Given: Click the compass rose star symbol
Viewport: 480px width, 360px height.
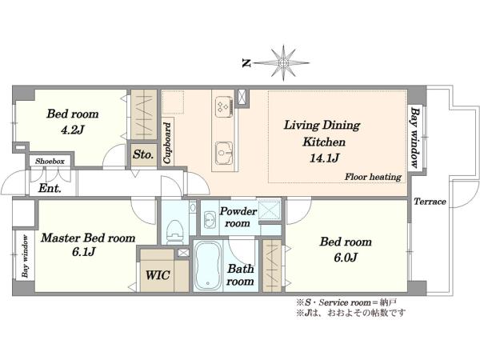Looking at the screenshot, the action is coord(283,63).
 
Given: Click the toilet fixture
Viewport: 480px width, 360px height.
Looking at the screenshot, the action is coord(175,232).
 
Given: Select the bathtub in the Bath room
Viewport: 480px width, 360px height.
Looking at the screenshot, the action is coord(208,266).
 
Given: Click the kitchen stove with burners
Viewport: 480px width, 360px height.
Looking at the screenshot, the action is coord(224,106).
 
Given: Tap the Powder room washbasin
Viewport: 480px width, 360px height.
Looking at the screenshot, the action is coord(210,219).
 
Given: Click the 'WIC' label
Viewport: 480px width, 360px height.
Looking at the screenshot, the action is coord(158,275).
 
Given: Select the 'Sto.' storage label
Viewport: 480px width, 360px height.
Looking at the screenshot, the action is coord(143,154).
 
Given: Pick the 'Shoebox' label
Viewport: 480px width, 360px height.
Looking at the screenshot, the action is coord(50,161).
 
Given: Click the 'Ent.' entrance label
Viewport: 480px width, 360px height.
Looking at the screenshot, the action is coord(50,188).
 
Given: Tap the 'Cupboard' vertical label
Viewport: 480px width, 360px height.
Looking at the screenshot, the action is coord(167,143).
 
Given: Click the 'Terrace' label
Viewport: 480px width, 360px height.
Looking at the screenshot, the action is coord(430,202).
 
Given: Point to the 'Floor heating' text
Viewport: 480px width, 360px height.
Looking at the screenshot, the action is coord(373,177).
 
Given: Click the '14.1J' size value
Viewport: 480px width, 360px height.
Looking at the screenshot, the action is coord(324,158).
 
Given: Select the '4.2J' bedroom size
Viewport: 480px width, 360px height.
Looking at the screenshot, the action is coord(72,130).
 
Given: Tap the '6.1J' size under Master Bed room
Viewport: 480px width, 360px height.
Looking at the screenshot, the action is coord(83,252).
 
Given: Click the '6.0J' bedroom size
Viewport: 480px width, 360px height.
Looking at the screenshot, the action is coord(346,258).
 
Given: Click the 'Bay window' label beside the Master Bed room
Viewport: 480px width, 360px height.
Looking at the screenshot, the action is coord(26,256).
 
